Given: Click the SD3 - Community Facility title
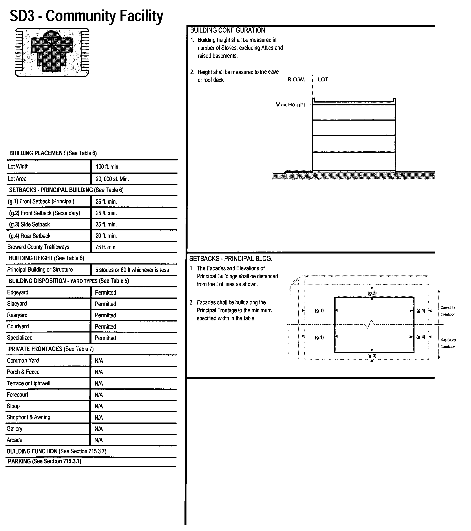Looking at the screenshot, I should pos(86,16).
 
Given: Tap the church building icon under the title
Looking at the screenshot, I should pos(52,52).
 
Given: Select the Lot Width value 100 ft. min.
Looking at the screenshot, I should pos(108,167).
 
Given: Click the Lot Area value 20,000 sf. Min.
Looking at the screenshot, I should pos(112,179).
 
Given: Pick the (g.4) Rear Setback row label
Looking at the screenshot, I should pos(30,236).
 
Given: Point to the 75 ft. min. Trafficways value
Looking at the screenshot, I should pos(106,247).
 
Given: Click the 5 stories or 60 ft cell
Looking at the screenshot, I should pos(132,270).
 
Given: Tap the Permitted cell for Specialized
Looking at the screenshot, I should pos(105,338).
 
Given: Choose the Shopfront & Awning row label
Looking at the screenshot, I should pos(29,417).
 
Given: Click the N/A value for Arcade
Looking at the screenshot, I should pos(99,440).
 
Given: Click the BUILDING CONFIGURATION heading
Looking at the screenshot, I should pos(227,30).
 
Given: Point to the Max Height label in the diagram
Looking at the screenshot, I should pos(290,105).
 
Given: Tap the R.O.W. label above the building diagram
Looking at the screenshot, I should pos(296,79).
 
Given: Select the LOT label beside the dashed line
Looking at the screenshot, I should pos(323,79).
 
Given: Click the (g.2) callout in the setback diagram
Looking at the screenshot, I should pos(372,293).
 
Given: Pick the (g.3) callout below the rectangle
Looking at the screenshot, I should pos(372,356).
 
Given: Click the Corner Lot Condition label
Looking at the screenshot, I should pos(448,311).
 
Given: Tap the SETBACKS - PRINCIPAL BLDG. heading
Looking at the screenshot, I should pos(231,259).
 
